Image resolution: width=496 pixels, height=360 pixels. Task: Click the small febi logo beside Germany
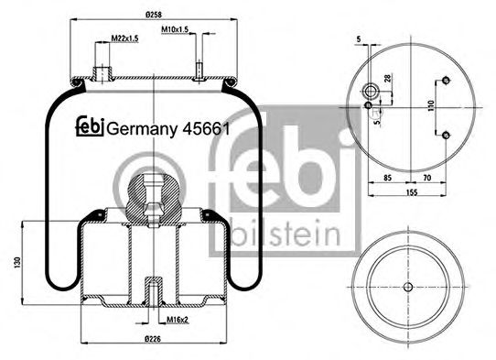pos(90,127)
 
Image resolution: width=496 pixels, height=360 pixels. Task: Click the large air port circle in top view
pos(372,91)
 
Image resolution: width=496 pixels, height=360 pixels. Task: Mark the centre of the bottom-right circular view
pos(404,286)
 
